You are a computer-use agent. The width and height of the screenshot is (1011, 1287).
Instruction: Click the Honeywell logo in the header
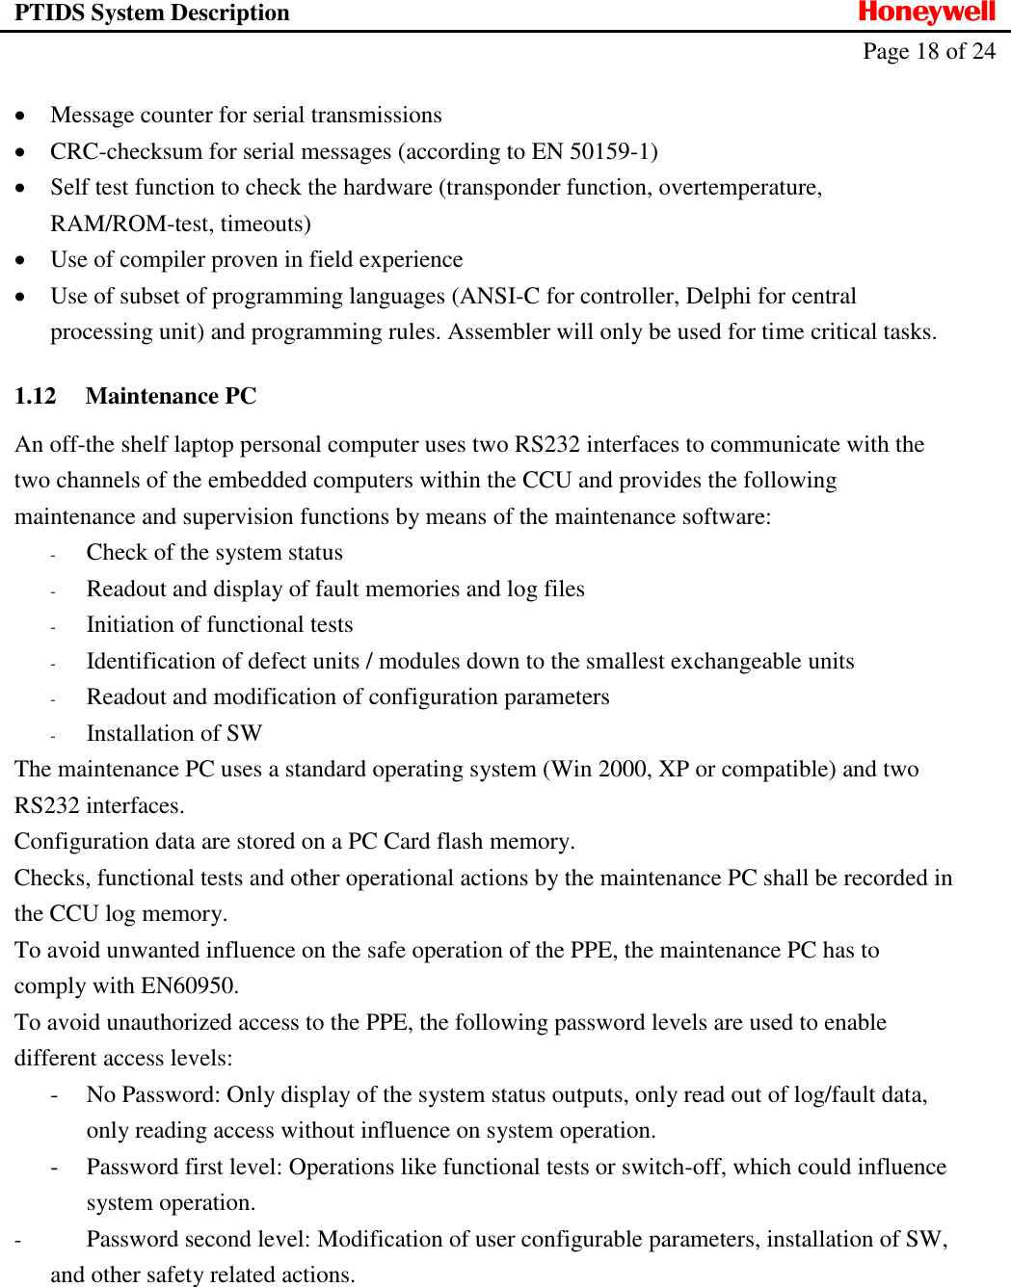click(x=926, y=13)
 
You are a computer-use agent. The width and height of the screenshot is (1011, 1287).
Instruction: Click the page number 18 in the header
click(x=927, y=52)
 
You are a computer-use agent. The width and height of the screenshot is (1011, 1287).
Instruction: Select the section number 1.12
click(x=36, y=397)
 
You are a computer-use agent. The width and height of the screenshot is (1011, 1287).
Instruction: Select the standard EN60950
click(x=188, y=986)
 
